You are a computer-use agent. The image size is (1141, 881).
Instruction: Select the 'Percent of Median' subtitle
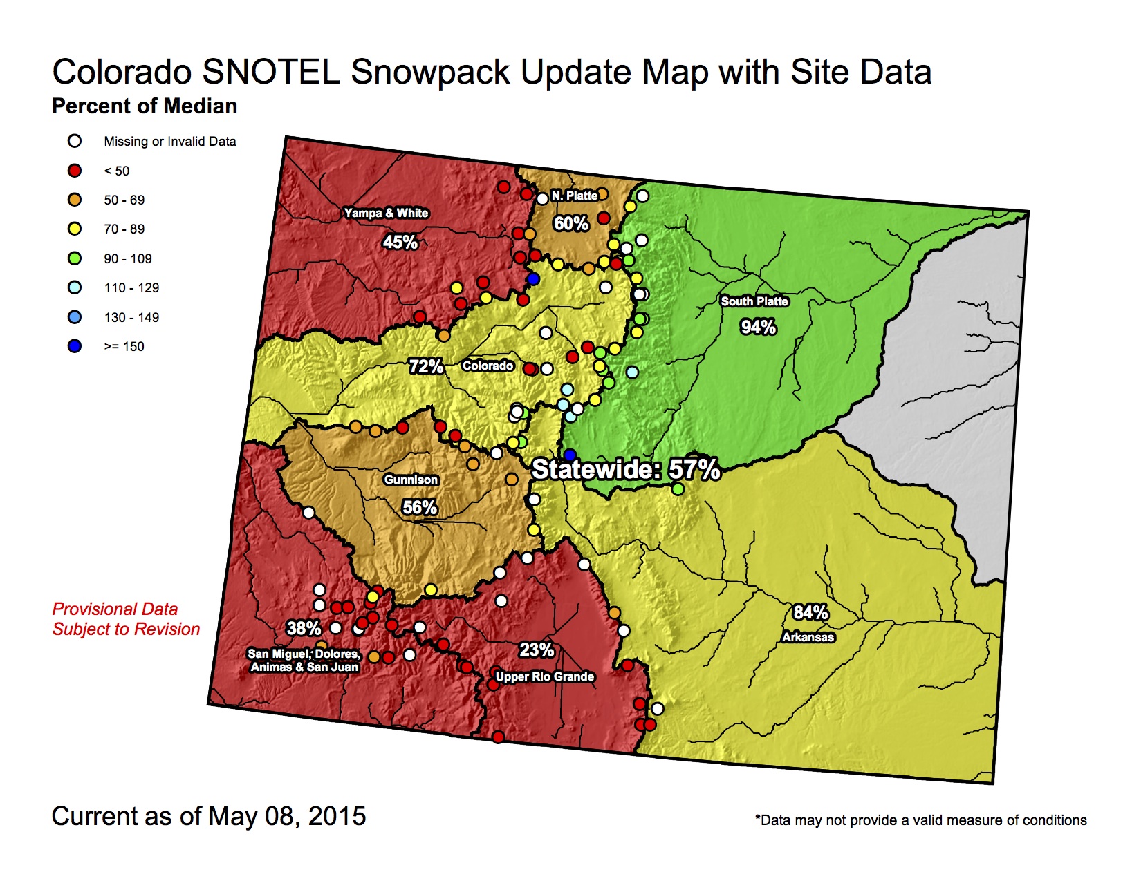[x=145, y=106]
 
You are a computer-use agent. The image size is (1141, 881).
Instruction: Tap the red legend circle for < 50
[x=75, y=171]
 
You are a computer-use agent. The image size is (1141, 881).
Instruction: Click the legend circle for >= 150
[x=75, y=346]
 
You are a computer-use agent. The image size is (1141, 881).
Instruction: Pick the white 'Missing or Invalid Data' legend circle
[x=75, y=141]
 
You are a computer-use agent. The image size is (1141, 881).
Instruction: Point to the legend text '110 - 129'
[x=131, y=287]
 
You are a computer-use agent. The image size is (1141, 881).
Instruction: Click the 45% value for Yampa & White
[x=400, y=242]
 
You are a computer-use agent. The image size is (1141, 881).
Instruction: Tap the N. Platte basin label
[x=574, y=196]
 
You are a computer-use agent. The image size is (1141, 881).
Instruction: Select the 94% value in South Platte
[x=758, y=327]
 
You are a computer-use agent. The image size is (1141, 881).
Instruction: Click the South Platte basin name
[x=754, y=301]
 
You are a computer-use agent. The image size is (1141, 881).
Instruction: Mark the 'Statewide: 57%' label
[x=626, y=470]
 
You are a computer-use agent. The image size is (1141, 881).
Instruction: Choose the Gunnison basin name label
[x=411, y=480]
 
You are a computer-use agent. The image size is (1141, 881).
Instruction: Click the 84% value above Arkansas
[x=810, y=612]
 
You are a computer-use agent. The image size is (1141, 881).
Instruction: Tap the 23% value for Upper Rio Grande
[x=537, y=650]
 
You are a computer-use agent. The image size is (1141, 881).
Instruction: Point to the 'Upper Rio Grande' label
[x=545, y=676]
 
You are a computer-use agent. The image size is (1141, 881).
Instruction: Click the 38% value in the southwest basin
[x=304, y=628]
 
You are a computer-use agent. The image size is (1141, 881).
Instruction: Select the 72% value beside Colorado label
[x=425, y=366]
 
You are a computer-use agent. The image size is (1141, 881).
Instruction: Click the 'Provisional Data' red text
[x=115, y=609]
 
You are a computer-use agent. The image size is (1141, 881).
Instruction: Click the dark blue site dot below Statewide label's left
[x=569, y=455]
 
